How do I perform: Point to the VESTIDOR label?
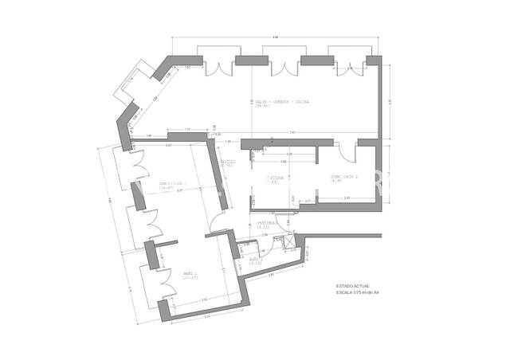275,178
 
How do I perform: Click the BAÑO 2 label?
255,260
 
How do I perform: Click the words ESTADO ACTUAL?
351,285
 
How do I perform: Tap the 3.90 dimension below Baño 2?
271,275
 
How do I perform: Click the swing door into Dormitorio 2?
343,154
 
